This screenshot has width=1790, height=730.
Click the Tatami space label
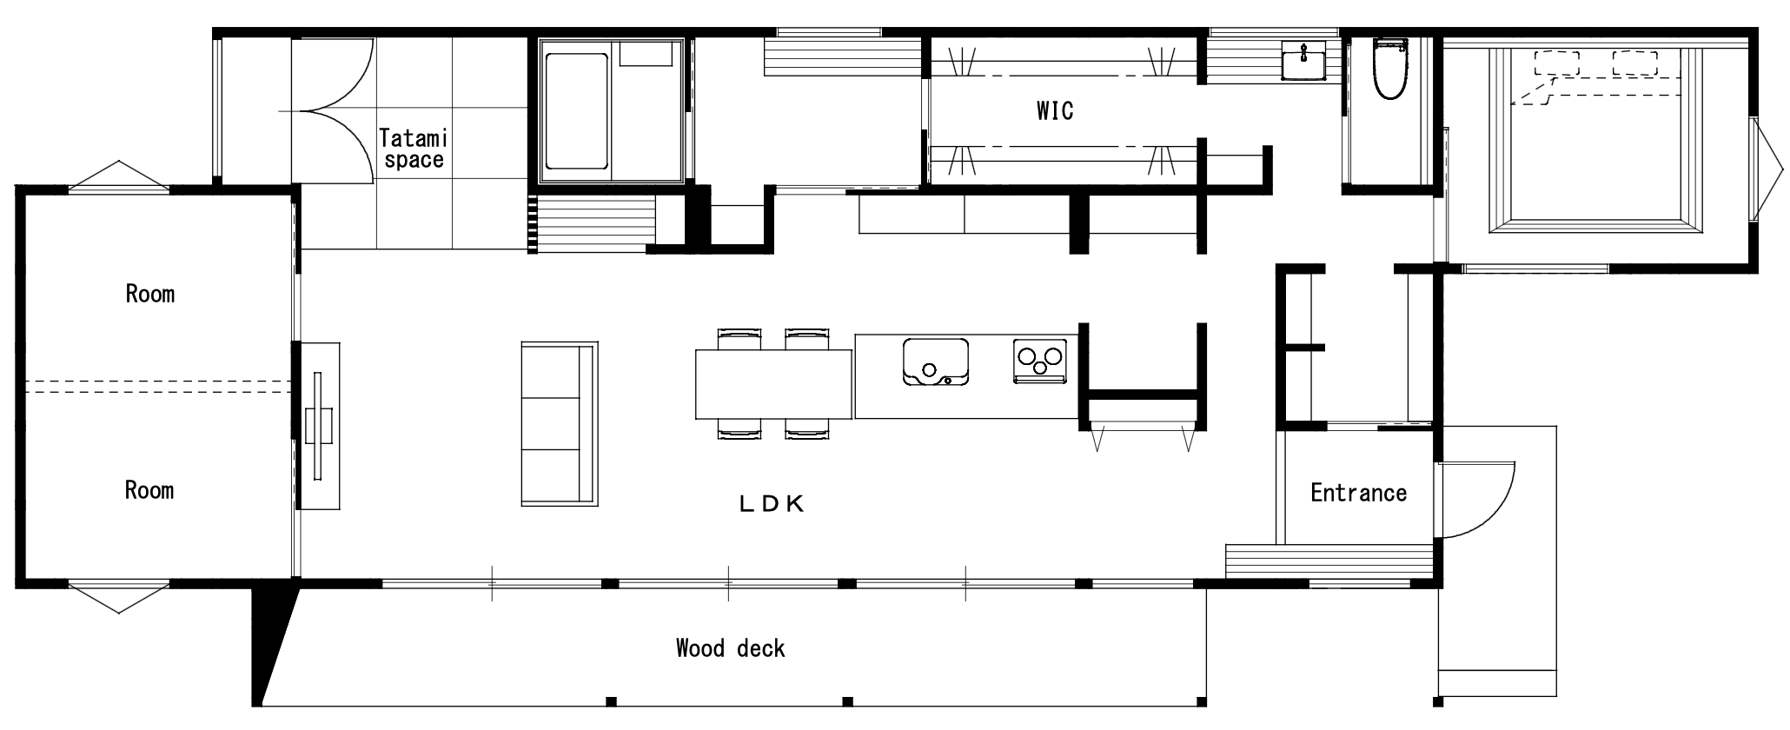(x=413, y=149)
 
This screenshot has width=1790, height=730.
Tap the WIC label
(x=1055, y=110)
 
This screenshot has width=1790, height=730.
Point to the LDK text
(x=772, y=504)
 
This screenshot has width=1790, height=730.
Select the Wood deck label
(x=730, y=648)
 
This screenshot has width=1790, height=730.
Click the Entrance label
(x=1358, y=493)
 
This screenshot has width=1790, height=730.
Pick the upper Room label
(x=149, y=294)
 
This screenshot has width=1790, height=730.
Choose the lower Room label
(x=149, y=490)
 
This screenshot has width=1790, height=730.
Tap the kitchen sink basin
(x=936, y=362)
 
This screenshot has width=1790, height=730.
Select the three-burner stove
(x=1040, y=360)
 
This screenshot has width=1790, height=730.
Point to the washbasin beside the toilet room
(x=1304, y=61)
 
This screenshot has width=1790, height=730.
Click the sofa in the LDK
(x=560, y=423)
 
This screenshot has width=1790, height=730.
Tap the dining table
(x=773, y=384)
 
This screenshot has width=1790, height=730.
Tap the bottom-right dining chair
(x=807, y=429)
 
